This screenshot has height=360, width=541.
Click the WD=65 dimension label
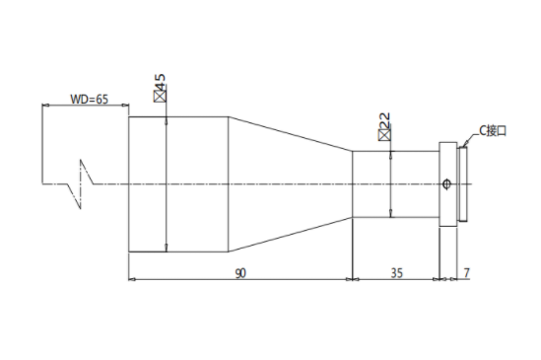pyautogui.click(x=89, y=100)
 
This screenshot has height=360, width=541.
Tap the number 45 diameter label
pyautogui.click(x=160, y=82)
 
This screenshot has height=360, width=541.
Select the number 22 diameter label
pyautogui.click(x=385, y=121)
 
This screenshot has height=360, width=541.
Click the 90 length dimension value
pyautogui.click(x=240, y=273)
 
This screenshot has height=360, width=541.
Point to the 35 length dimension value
pyautogui.click(x=397, y=273)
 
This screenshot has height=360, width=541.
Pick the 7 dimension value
pyautogui.click(x=466, y=273)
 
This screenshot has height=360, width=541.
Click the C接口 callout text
pyautogui.click(x=493, y=131)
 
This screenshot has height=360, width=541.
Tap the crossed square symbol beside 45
pyautogui.click(x=160, y=97)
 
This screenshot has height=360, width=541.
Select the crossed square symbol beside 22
pyautogui.click(x=385, y=135)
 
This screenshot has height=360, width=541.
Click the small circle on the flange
pyautogui.click(x=446, y=183)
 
